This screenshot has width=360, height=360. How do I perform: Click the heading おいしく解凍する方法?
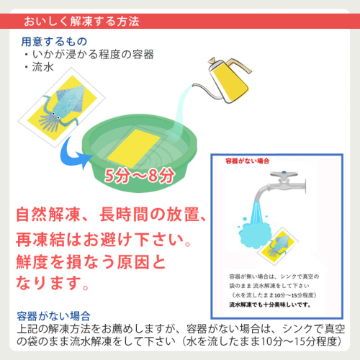click(x=81, y=21)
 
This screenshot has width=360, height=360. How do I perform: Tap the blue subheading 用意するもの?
click(x=54, y=42)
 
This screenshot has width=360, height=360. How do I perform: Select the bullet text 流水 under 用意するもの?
click(x=43, y=67)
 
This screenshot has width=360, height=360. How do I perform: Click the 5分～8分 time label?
click(x=140, y=176)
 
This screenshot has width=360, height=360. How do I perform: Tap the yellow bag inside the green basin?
click(x=133, y=149)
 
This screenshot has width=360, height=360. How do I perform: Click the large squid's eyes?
click(x=55, y=116)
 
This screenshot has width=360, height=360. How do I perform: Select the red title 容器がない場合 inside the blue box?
click(x=248, y=161)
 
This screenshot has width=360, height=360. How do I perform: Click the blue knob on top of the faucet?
click(x=284, y=172)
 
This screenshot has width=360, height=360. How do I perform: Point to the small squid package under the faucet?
click(x=278, y=246)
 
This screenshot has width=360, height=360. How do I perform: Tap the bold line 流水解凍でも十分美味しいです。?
click(x=270, y=305)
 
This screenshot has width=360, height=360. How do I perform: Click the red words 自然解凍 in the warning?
click(x=48, y=215)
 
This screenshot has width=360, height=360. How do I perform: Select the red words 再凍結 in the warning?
click(x=40, y=240)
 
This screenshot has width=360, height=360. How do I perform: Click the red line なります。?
click(x=53, y=282)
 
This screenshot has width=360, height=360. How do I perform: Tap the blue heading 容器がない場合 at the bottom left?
click(x=54, y=316)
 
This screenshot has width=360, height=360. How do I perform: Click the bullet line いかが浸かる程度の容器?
click(x=93, y=55)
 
